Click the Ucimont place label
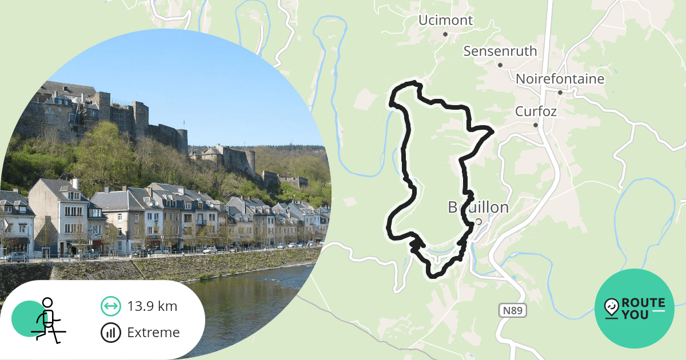point(445,21)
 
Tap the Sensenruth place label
point(500,51)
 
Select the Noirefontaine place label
point(560,79)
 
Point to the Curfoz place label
point(536,111)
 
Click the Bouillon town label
point(478,207)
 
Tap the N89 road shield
point(512,310)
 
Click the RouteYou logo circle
point(635,309)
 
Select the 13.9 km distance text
point(152,306)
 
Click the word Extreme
point(153,333)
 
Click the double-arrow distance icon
point(110,306)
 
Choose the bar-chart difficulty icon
point(110,333)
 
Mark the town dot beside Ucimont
point(445,34)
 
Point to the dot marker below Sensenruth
point(500,65)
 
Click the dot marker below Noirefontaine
point(560,93)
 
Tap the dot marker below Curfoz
point(536,125)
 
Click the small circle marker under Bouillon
point(478,221)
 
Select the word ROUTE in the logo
point(643,303)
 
